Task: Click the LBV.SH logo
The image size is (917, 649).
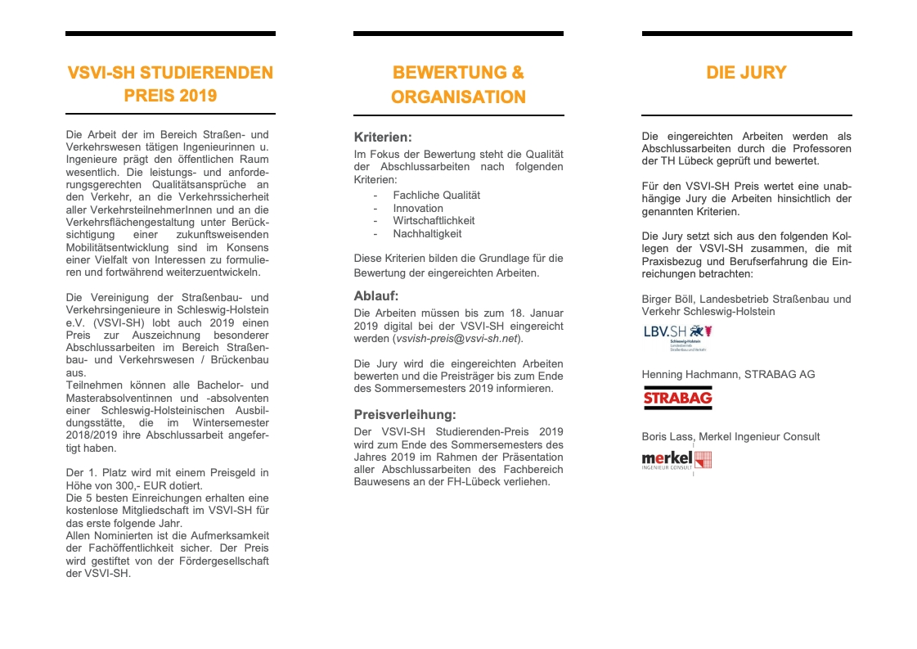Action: (x=677, y=336)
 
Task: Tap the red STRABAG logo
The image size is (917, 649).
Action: (x=677, y=399)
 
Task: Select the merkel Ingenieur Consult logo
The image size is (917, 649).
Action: (x=677, y=460)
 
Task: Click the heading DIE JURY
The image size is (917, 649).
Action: (x=746, y=73)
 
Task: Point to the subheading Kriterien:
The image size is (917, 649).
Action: (x=383, y=137)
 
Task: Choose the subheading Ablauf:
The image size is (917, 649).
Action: (x=376, y=295)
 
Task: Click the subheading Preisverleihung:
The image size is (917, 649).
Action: (x=405, y=414)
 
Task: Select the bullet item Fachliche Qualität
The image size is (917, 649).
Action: (x=436, y=195)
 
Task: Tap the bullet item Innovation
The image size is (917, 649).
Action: (x=418, y=208)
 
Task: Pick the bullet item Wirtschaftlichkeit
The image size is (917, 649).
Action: (x=434, y=221)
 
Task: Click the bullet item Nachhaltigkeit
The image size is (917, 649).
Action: (x=427, y=234)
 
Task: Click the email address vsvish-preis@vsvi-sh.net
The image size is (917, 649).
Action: (x=456, y=338)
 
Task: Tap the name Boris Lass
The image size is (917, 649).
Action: (x=665, y=436)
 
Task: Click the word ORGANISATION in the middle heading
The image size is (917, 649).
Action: (x=458, y=97)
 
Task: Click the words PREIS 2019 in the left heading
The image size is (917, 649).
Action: (x=170, y=96)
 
